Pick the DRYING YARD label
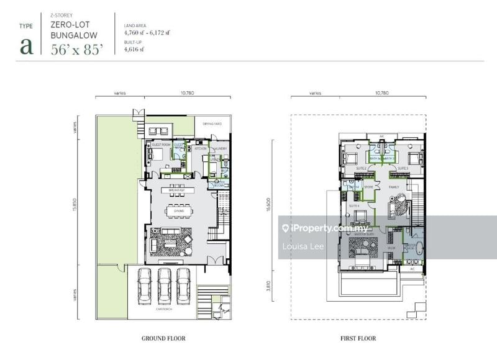click(208, 124)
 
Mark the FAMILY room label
click(394, 186)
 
